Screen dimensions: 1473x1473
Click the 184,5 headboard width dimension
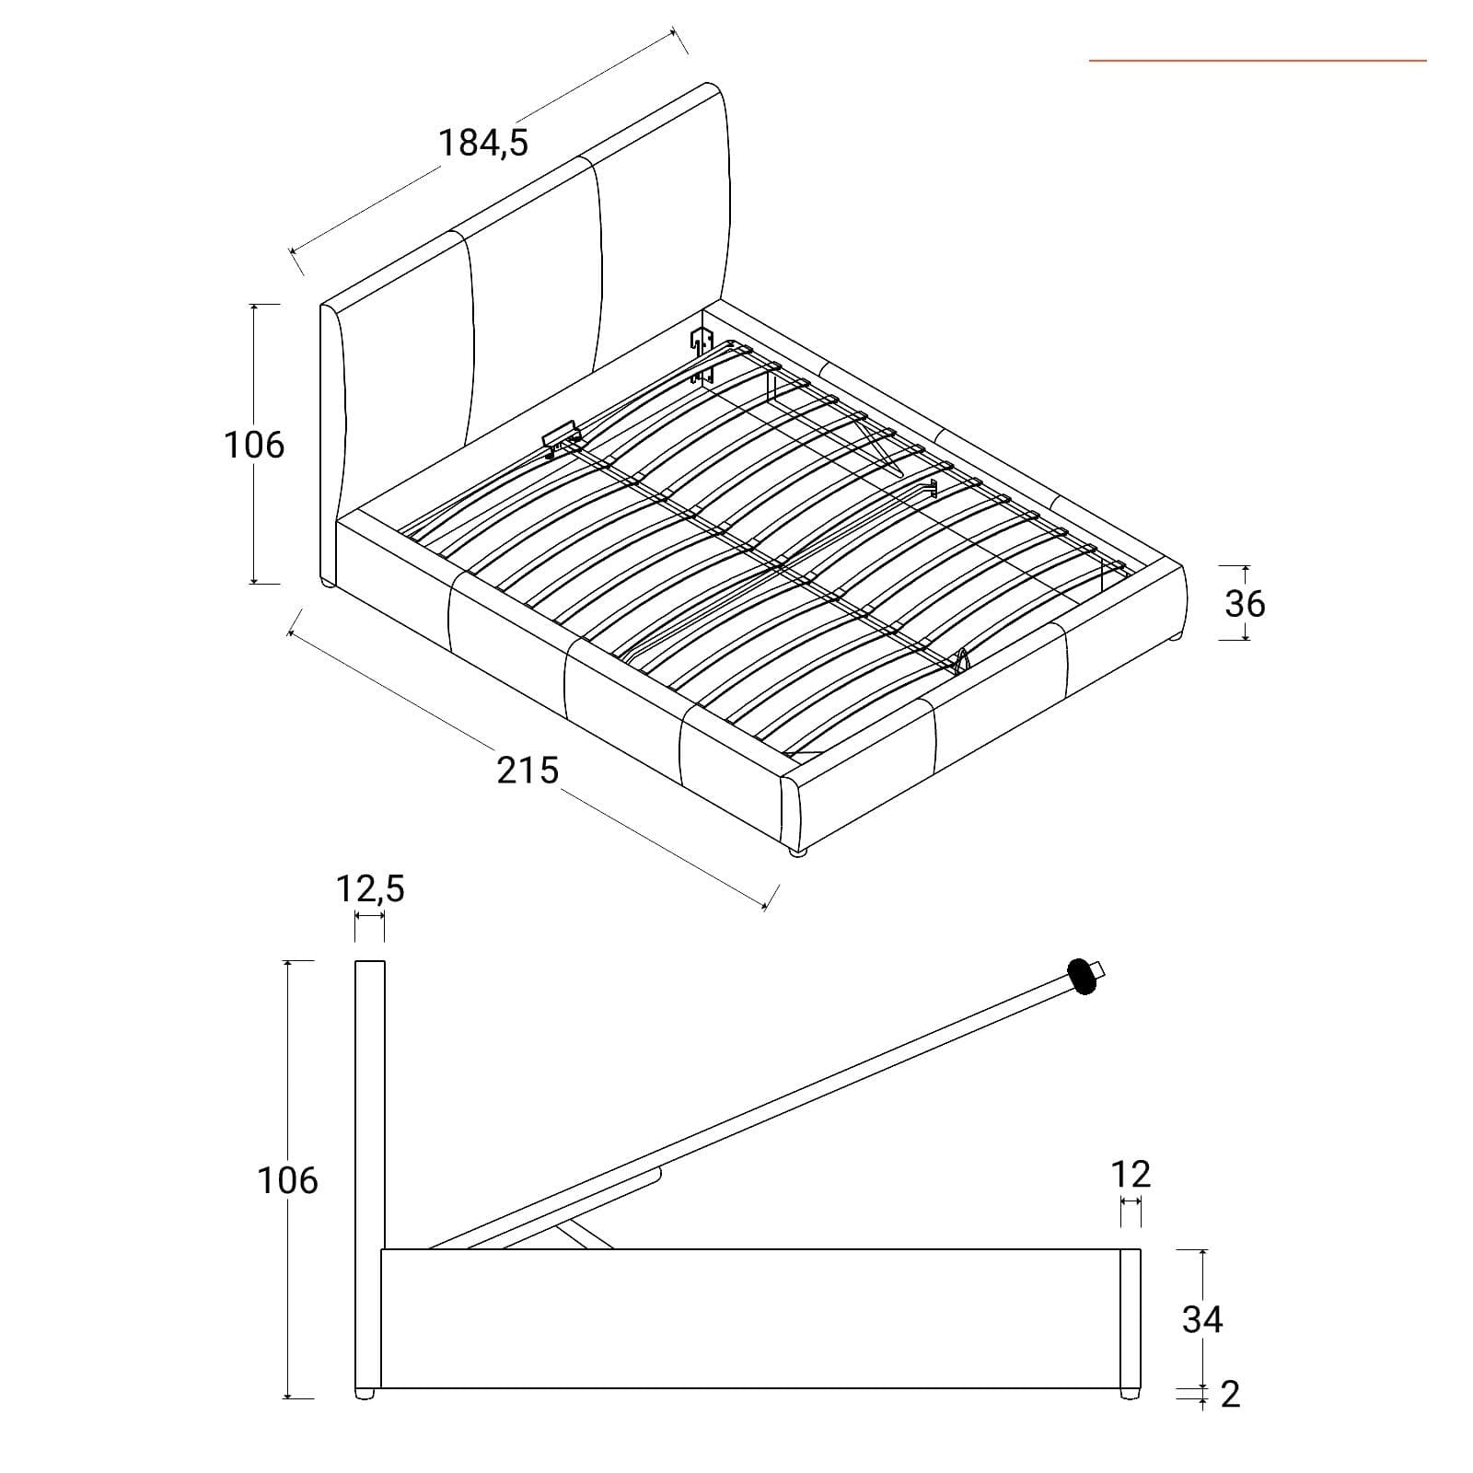point(483,144)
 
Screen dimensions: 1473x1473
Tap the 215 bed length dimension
point(528,770)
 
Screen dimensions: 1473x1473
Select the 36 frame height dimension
point(1245,604)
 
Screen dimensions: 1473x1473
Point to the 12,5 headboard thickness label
point(370,889)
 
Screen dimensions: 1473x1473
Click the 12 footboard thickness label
point(1131,1175)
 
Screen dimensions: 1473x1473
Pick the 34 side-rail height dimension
point(1202,1319)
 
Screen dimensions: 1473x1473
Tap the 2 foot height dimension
point(1230,1395)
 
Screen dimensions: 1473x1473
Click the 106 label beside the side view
point(287,1180)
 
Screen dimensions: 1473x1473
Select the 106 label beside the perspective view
point(254,446)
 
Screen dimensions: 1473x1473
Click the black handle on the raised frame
point(1082,977)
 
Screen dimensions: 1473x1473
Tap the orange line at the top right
point(1258,61)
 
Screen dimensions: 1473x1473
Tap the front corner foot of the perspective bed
point(797,853)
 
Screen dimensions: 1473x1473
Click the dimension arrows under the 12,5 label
point(369,918)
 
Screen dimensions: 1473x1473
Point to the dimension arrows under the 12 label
point(1131,1203)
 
